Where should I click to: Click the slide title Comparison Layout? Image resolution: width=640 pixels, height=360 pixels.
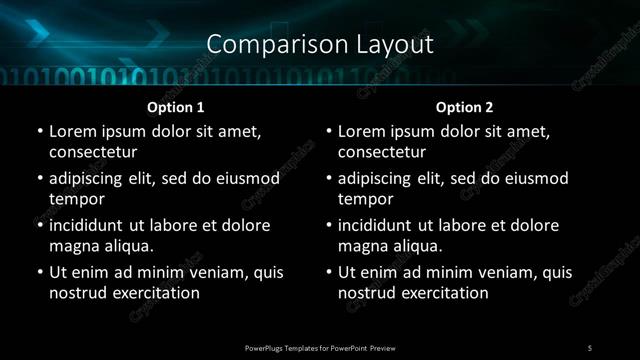coord(320,44)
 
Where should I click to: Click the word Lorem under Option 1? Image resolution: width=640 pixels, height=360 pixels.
coord(73,131)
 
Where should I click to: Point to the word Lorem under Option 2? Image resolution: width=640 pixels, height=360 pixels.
coord(362,131)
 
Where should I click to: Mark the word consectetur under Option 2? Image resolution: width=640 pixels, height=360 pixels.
coord(382,152)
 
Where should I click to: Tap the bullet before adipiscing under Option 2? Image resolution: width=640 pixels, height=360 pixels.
coord(328,178)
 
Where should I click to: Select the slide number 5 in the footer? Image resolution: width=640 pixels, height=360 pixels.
coord(590,347)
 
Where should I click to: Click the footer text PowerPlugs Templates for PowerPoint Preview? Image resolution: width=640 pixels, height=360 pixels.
coord(320,347)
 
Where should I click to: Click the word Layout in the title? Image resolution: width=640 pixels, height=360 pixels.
coord(393,44)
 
